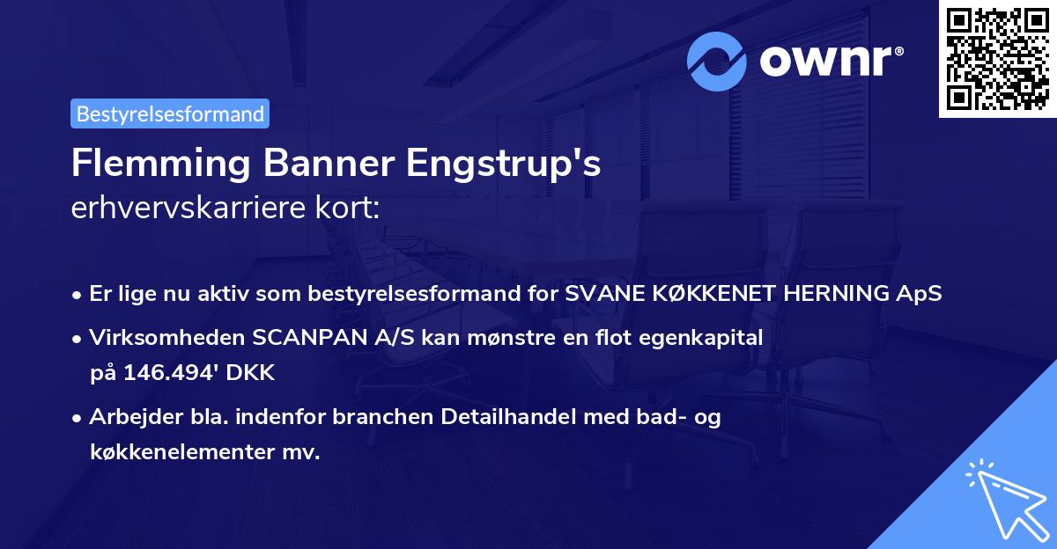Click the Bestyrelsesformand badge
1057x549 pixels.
[170, 113]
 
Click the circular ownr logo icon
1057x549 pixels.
[717, 61]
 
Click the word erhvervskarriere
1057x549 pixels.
[179, 209]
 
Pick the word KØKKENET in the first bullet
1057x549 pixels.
[696, 294]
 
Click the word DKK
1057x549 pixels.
[253, 373]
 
